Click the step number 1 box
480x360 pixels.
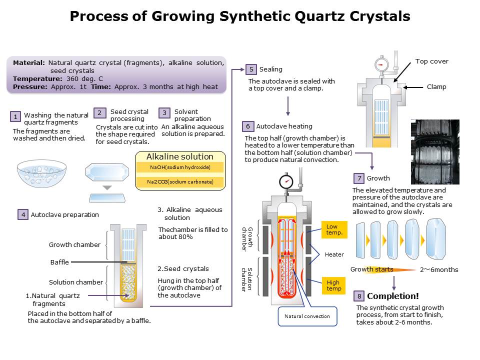(16, 117)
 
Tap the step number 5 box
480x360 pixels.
(251, 69)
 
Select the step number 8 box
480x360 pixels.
(358, 296)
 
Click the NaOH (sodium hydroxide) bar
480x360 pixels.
(180, 167)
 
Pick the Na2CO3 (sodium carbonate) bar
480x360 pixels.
(180, 181)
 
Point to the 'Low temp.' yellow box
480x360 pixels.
(334, 229)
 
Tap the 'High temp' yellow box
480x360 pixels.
(334, 285)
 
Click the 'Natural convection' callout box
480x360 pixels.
(307, 316)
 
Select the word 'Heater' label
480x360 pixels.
(334, 254)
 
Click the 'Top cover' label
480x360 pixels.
(432, 61)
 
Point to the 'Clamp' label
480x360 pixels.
(436, 86)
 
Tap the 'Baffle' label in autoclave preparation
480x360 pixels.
(59, 262)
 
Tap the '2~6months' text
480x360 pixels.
(438, 270)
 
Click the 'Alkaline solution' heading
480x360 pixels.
(180, 156)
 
